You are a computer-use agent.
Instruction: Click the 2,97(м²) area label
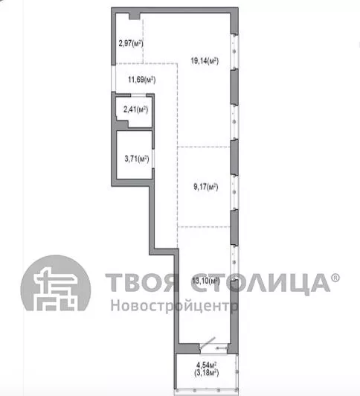click(x=131, y=43)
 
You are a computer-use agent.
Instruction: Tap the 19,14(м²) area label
click(x=205, y=61)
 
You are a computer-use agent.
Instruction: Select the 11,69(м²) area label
click(x=142, y=80)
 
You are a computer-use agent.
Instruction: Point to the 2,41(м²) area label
click(x=135, y=109)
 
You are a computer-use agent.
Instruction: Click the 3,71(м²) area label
click(x=137, y=159)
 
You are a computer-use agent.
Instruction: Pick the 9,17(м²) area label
click(x=206, y=187)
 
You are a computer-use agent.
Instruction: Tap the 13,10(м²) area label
click(x=206, y=281)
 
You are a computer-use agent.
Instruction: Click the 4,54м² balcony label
click(x=207, y=365)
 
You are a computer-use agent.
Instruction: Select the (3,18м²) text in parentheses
click(x=207, y=373)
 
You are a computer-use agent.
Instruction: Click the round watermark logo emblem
click(x=56, y=283)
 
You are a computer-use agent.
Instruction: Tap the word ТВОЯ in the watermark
click(x=142, y=282)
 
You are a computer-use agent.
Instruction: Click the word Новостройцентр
click(x=174, y=306)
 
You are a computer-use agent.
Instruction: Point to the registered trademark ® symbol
click(x=335, y=278)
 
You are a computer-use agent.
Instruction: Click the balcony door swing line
click(x=208, y=342)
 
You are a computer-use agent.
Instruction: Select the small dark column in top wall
click(x=135, y=16)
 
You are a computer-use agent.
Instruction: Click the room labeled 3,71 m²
click(x=135, y=155)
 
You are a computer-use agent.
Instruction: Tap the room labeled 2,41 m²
click(x=134, y=112)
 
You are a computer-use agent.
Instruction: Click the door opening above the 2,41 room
click(x=138, y=95)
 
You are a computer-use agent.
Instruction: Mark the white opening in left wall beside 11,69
click(x=114, y=78)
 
